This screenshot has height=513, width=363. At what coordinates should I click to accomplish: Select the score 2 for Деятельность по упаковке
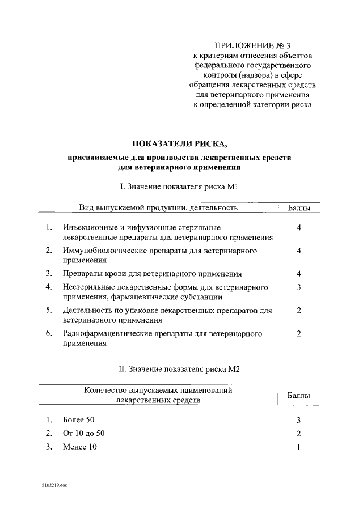(298, 310)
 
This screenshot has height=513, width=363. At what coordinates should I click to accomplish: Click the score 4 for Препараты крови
(298, 273)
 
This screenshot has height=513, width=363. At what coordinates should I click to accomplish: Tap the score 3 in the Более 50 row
(298, 420)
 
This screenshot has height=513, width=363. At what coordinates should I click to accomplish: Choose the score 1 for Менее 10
(298, 447)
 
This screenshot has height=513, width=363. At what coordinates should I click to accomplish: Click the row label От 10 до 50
(84, 434)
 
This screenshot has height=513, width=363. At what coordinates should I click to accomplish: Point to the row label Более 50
(79, 420)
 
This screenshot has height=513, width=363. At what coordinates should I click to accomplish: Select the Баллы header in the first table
(298, 208)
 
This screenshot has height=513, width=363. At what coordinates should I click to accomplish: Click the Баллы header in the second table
(298, 395)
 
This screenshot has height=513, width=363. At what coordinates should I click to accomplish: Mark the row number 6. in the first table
(49, 334)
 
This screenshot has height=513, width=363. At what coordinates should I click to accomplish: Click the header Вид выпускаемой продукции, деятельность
(158, 208)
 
